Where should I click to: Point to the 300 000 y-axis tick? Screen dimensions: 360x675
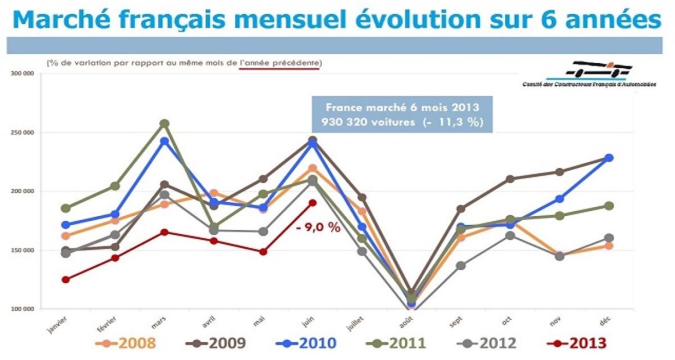[22, 74]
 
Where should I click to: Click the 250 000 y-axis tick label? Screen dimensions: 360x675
[22, 133]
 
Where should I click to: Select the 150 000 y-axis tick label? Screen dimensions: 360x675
[22, 250]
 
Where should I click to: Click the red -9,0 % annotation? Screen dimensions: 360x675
[318, 229]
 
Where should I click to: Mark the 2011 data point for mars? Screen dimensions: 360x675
[164, 124]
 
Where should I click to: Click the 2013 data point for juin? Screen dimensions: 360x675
[312, 202]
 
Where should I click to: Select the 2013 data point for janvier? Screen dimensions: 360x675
[66, 280]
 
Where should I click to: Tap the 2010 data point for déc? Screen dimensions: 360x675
[609, 158]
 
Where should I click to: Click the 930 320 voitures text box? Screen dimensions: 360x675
[402, 115]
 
